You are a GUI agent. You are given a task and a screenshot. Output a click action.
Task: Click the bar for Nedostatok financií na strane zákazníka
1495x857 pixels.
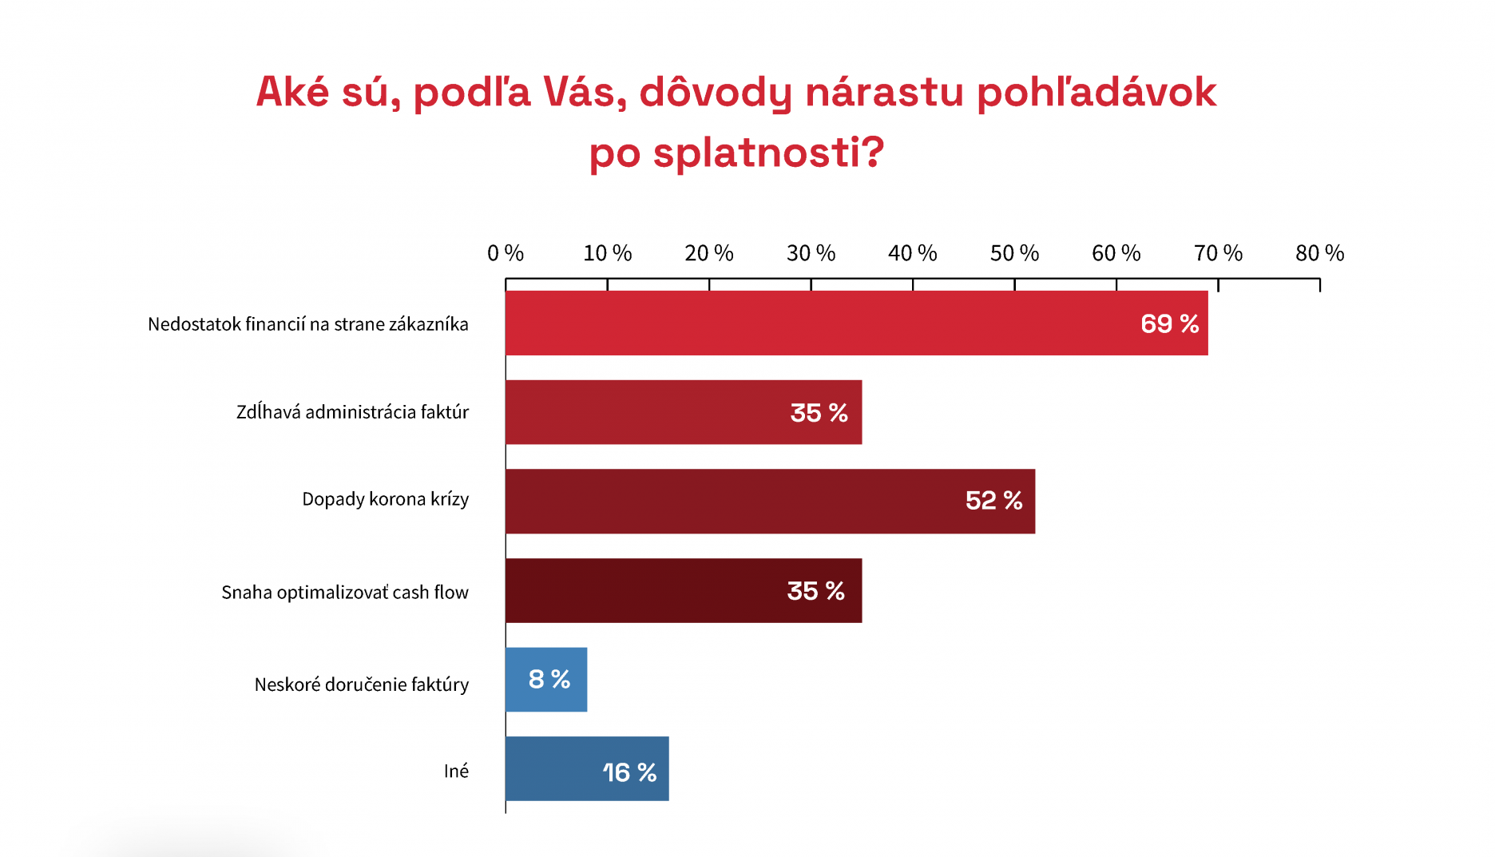[x=856, y=323]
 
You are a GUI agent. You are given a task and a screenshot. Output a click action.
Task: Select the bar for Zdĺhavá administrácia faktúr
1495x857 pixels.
[x=684, y=412]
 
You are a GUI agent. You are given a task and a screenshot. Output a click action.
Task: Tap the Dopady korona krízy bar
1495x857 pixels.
[x=770, y=501]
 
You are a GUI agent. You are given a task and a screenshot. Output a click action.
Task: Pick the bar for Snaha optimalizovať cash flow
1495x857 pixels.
[x=684, y=590]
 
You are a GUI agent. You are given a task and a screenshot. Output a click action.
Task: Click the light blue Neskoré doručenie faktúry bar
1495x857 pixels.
[x=546, y=680]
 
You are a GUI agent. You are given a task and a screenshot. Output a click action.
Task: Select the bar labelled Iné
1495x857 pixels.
[x=587, y=768]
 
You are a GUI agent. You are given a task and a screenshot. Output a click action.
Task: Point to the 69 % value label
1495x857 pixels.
[x=1169, y=323]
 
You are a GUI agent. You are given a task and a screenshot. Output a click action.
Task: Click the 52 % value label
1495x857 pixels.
[x=993, y=501]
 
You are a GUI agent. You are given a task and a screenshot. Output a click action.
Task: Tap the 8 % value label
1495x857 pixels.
[x=549, y=679]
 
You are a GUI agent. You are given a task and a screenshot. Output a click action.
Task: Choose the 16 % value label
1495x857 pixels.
[x=629, y=772]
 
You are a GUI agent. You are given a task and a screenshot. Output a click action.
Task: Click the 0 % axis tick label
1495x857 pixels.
[x=506, y=253]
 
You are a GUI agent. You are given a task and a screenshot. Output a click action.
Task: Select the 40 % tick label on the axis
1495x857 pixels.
[x=913, y=253]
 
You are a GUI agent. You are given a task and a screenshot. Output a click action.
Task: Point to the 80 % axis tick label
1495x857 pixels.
[x=1320, y=253]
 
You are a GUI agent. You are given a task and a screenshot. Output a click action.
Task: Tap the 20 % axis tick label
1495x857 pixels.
[x=709, y=253]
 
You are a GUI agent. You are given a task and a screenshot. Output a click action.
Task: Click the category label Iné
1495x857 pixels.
[x=456, y=771]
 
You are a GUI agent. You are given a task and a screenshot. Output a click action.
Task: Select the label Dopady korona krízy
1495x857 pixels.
[x=385, y=499]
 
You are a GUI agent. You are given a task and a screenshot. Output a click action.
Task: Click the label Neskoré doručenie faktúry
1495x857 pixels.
[x=361, y=684]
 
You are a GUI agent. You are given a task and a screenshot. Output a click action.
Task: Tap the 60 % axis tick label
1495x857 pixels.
[x=1116, y=253]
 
